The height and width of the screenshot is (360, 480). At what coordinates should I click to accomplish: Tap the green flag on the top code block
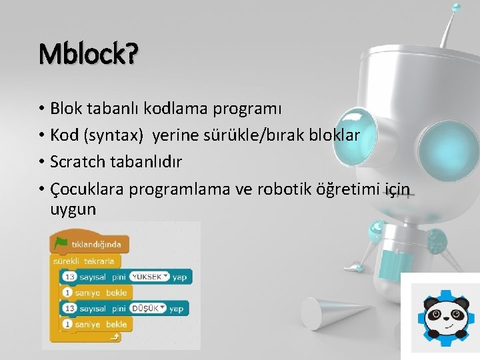coord(61,243)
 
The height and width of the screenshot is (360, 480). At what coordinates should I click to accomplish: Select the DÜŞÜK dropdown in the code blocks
coord(147,308)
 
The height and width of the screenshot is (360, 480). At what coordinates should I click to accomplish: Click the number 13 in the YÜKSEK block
coord(69,276)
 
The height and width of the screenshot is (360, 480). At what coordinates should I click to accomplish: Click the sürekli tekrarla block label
coord(84,261)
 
